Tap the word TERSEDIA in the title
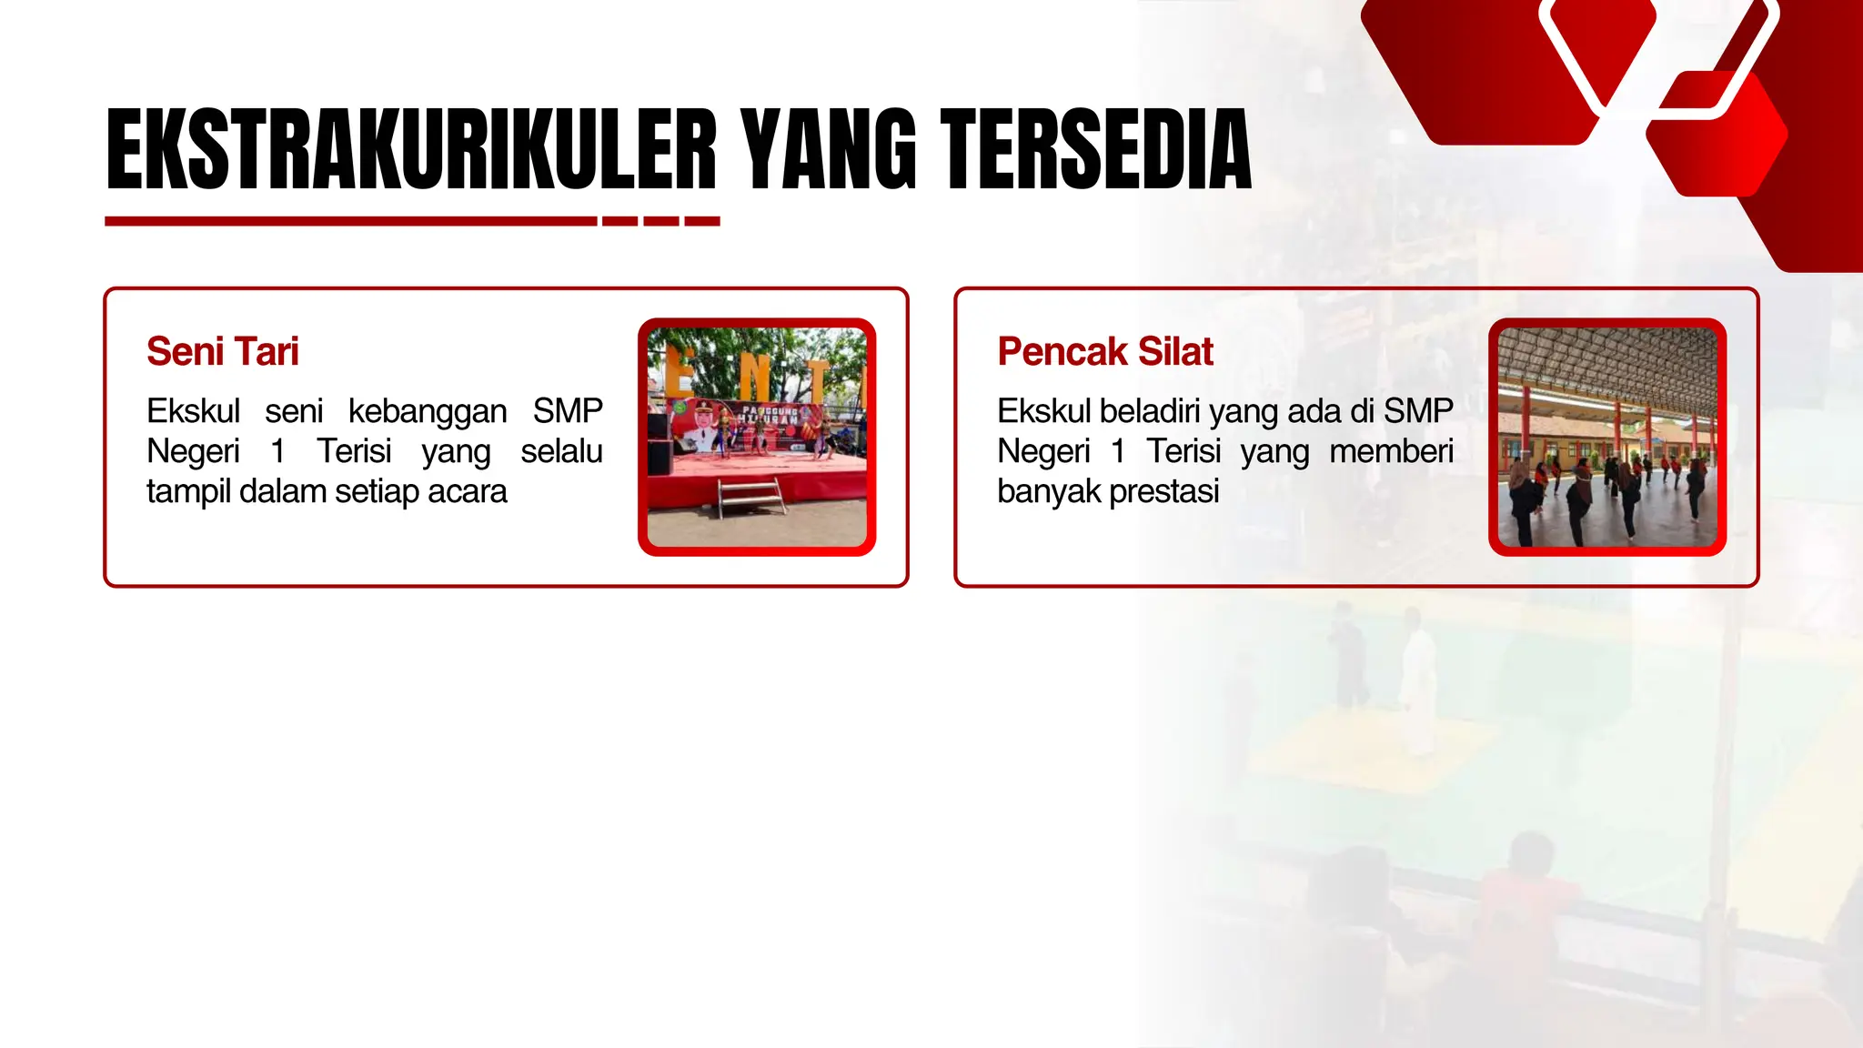tap(1095, 149)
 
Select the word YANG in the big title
tap(827, 149)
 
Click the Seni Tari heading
tap(223, 352)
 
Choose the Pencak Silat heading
tap(1105, 352)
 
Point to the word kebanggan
tap(428, 411)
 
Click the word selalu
tap(561, 451)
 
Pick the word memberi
tap(1391, 451)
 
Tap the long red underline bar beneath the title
tap(350, 221)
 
